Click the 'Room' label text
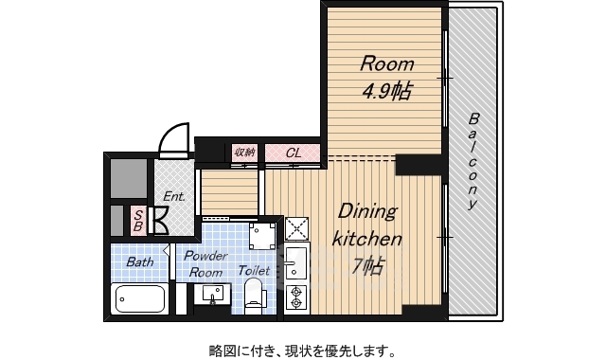click(387, 63)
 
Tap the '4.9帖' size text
click(386, 92)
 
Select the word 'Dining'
click(367, 212)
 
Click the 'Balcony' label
click(473, 161)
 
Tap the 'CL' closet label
click(294, 153)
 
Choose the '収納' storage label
click(244, 153)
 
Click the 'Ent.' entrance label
click(174, 196)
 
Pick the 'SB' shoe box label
click(138, 221)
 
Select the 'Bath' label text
click(140, 262)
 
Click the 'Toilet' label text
click(254, 270)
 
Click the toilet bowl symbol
click(255, 296)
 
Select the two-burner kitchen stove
click(296, 297)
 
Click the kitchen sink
click(296, 264)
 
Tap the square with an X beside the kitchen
click(296, 229)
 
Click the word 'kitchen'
click(366, 239)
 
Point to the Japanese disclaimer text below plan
click(303, 351)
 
